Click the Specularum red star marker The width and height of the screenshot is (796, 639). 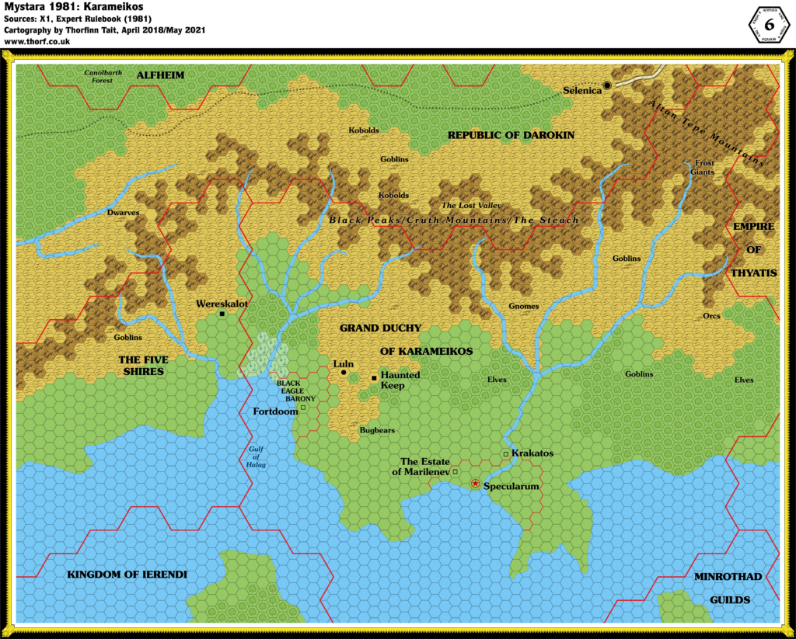coord(475,484)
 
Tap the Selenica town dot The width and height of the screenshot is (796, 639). coord(607,85)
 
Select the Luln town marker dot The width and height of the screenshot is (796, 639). coord(344,373)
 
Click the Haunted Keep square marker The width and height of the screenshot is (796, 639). coord(374,378)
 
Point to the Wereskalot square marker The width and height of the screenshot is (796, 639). coord(222,314)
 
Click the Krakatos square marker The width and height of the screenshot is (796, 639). coord(505,453)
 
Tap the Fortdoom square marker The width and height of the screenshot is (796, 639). coord(303,408)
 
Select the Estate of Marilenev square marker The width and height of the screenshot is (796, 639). coord(456,471)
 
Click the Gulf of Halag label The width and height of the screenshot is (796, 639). coord(257,458)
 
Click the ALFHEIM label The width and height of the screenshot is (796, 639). coord(159,75)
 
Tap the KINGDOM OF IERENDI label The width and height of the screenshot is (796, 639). coord(127,575)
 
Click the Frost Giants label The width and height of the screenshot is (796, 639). coord(703,168)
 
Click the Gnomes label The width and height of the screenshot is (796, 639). coord(523,306)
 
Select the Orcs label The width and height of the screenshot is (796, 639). coord(711,316)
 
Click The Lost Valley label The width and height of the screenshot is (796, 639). coord(472,206)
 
